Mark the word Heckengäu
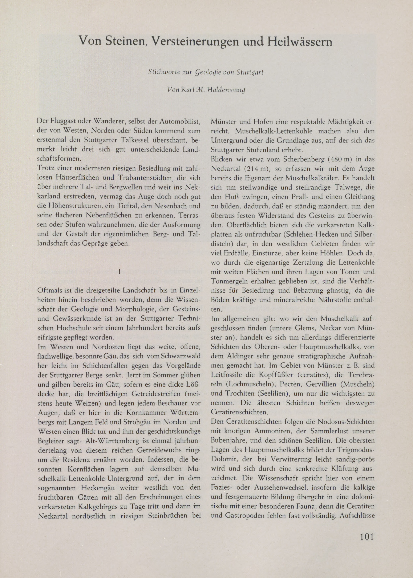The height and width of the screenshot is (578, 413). pos(101,487)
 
